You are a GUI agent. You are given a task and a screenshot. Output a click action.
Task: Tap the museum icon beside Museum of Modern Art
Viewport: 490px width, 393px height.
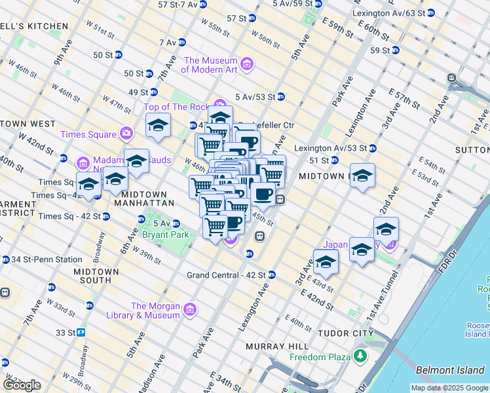click(x=247, y=64)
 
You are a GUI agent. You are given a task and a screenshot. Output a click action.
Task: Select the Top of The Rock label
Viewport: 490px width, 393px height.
click(x=176, y=107)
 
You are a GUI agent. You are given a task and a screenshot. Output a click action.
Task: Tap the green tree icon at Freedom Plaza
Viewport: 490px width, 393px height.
click(x=360, y=358)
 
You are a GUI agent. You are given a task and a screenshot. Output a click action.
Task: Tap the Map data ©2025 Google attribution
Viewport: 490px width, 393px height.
click(x=449, y=388)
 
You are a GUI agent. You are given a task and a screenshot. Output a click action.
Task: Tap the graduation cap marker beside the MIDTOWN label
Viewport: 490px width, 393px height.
click(x=362, y=176)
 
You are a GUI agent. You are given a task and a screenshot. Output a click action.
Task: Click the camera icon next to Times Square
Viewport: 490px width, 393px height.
click(x=126, y=134)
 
